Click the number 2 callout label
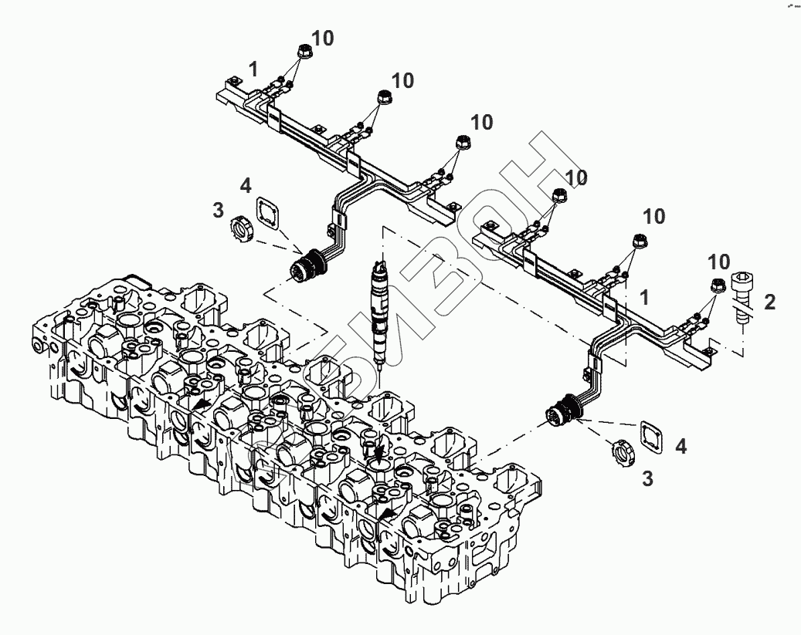769,302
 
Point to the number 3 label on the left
218,209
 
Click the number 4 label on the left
245,185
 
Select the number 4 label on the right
681,446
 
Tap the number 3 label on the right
647,478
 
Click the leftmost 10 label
322,39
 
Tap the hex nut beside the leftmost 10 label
303,53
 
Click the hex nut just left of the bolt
717,285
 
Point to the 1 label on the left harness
253,69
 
